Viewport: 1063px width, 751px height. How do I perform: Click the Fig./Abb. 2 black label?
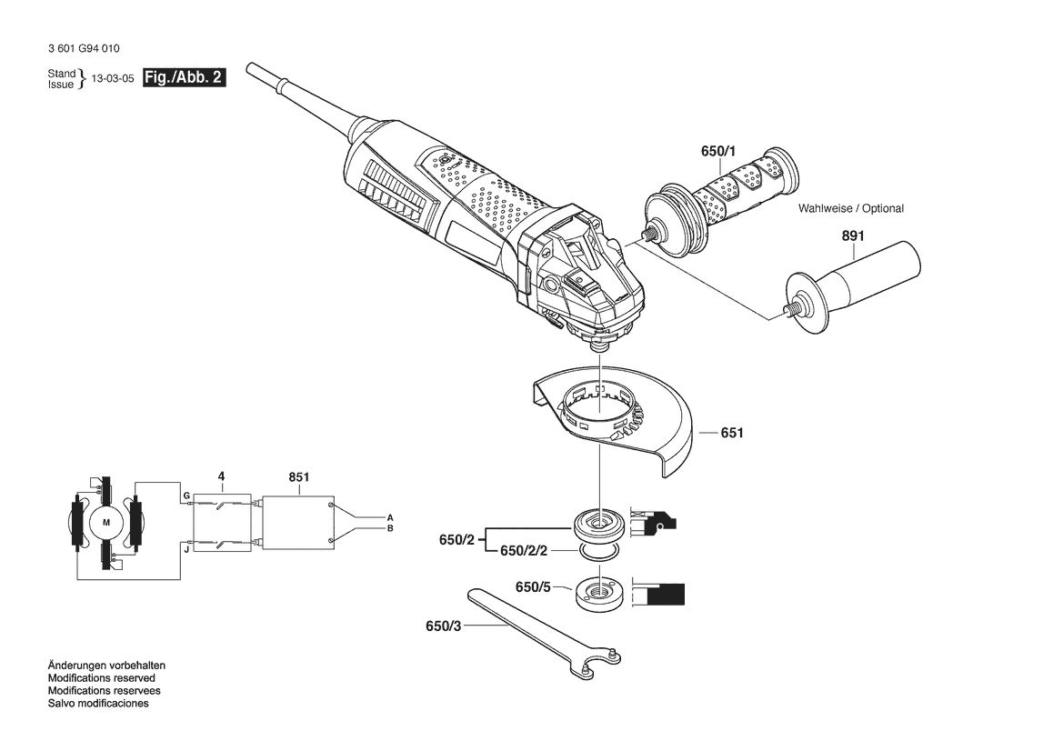pos(185,77)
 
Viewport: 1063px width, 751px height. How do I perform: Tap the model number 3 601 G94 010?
pos(84,49)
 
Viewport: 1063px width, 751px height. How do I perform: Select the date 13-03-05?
pos(113,78)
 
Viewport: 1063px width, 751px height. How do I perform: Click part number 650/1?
pos(718,151)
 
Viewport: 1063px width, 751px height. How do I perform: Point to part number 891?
pos(853,235)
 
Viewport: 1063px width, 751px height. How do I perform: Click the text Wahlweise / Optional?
pos(851,209)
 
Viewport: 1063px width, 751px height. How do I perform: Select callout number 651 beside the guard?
pos(732,433)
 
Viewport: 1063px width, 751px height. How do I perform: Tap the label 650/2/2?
pos(524,551)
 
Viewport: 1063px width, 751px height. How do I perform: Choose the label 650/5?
pos(533,587)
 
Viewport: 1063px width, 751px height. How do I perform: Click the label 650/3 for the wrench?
pos(444,626)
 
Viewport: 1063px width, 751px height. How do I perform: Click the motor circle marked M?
pos(105,522)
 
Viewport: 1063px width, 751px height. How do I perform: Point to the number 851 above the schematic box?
pos(299,477)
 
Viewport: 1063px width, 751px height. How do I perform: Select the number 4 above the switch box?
pos(221,477)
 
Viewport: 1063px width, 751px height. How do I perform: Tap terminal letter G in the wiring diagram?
pos(186,496)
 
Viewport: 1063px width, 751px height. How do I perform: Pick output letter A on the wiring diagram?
pos(390,518)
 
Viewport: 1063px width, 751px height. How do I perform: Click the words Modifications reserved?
pos(102,678)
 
